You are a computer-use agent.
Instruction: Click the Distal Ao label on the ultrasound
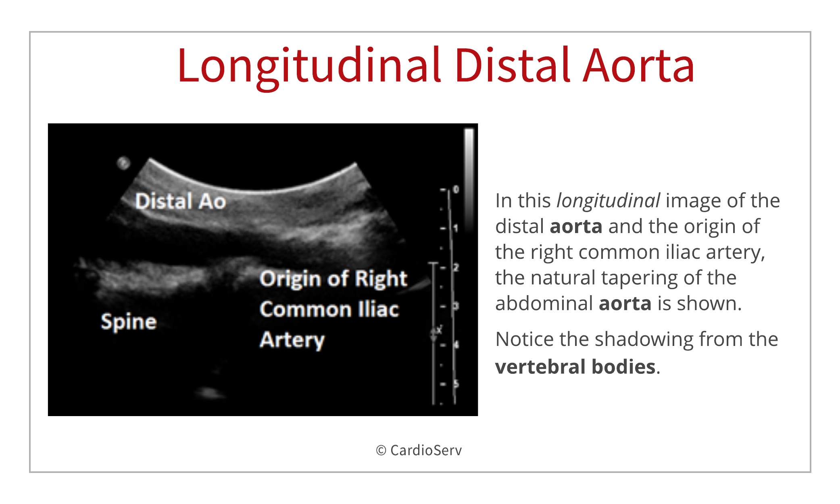point(180,201)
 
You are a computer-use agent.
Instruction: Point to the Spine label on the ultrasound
point(129,322)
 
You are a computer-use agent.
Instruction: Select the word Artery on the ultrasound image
point(292,340)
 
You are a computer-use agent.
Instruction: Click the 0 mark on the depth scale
point(456,190)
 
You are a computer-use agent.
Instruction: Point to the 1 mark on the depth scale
point(456,229)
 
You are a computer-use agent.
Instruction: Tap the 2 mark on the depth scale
point(456,267)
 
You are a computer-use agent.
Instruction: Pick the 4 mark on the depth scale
point(456,345)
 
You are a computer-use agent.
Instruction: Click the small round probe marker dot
point(123,163)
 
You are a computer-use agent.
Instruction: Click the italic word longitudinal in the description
point(608,201)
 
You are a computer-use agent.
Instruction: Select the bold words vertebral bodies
point(575,367)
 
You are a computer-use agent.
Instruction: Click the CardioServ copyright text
point(419,450)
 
